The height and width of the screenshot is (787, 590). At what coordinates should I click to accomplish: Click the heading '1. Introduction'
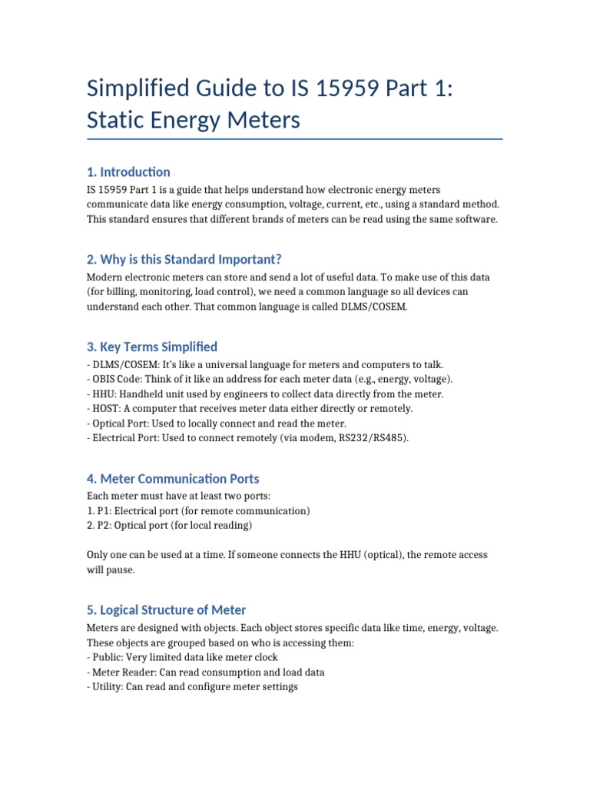[128, 171]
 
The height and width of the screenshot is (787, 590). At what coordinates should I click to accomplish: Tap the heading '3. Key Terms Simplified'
[152, 347]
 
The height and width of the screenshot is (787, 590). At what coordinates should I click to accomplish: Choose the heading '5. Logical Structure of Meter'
[166, 609]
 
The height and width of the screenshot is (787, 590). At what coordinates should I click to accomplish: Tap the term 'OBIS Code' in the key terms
[117, 379]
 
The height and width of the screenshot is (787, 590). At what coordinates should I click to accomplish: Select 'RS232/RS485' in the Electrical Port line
[363, 437]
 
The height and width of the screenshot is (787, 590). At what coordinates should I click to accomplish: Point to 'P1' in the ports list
[103, 510]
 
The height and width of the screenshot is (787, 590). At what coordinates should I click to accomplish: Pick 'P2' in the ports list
[103, 525]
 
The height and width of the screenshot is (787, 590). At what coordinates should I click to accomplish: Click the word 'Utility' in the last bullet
[107, 686]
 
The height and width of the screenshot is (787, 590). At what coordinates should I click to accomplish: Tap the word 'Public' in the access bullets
[106, 657]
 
